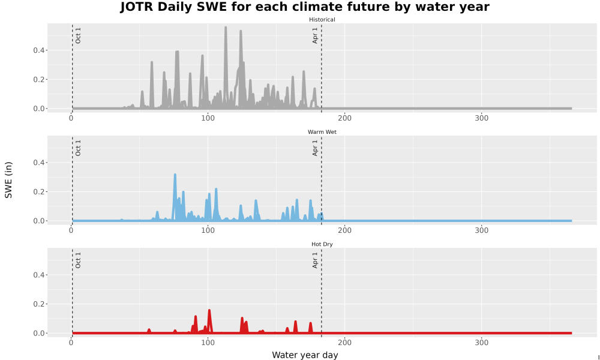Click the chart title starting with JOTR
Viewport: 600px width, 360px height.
[305, 7]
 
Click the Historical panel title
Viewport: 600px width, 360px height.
[322, 20]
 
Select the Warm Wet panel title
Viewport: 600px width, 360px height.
[322, 132]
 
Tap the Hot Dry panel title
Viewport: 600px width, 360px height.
[322, 244]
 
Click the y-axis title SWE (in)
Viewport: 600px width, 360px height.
[8, 180]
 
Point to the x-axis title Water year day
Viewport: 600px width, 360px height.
[305, 355]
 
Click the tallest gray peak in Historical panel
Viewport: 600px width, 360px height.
[226, 28]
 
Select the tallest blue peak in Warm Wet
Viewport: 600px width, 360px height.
[175, 175]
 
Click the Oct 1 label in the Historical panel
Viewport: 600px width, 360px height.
[78, 35]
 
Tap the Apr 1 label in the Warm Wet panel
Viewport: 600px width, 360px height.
[315, 148]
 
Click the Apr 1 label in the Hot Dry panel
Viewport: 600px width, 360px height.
[315, 260]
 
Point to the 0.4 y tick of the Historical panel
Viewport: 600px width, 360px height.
[38, 50]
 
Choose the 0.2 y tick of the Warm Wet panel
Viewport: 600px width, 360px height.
[38, 191]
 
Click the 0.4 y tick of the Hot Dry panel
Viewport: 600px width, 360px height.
[38, 275]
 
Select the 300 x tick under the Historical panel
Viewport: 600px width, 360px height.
[481, 118]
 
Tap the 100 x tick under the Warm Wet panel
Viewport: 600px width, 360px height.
[208, 230]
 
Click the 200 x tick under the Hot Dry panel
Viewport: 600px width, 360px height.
[345, 343]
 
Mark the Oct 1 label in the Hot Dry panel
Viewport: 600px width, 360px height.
[78, 260]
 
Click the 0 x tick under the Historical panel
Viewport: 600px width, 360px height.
[71, 118]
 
